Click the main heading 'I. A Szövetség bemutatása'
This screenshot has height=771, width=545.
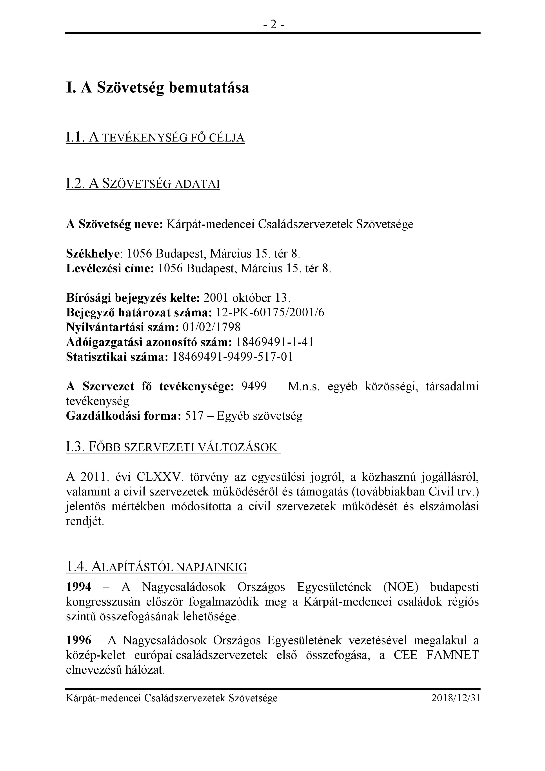tap(158, 88)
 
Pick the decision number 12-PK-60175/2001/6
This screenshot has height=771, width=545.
tap(270, 313)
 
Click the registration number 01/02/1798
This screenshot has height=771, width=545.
tap(212, 327)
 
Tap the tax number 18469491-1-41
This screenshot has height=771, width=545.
tap(275, 342)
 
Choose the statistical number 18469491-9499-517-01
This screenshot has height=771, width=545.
tap(232, 357)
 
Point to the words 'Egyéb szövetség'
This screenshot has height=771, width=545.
tap(260, 416)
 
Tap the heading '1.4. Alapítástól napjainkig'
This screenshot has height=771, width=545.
tap(156, 567)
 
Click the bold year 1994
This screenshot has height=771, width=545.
tap(79, 587)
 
